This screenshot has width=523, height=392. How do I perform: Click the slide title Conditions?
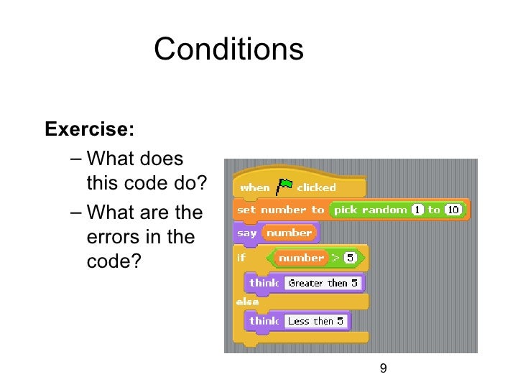point(228,50)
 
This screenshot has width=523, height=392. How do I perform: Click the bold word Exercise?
point(89,130)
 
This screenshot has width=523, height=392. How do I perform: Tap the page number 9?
point(383,368)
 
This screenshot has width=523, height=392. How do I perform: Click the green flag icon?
point(284,186)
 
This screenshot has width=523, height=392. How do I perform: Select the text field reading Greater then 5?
point(323,283)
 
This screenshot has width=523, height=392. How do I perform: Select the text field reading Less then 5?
point(315,321)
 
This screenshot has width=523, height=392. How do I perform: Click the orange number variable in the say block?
point(290,233)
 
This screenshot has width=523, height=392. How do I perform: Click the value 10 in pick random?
point(453,210)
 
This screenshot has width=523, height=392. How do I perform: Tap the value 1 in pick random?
point(417,210)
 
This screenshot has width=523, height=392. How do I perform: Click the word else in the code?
point(247,302)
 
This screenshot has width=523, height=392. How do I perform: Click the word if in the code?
point(241,257)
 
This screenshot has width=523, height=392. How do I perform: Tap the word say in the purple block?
point(246,233)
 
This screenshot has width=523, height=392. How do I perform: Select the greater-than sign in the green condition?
point(335,257)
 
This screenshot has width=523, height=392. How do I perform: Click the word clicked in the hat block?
point(316,187)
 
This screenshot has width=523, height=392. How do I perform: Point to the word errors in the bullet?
point(111,238)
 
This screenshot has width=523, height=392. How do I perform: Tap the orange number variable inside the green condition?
point(301,257)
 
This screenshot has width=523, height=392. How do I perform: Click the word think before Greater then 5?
point(264,283)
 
